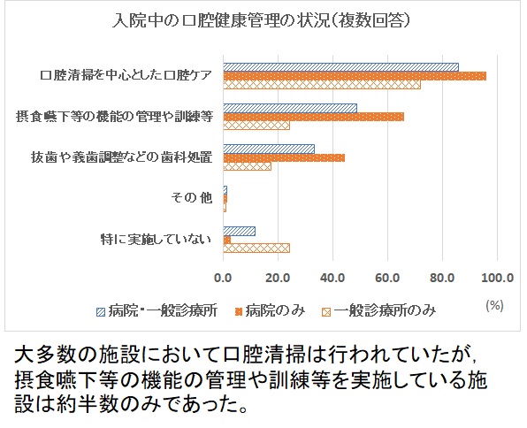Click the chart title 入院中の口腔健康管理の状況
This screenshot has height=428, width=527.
click(262, 19)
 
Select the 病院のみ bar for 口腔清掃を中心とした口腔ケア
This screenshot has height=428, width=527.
click(355, 75)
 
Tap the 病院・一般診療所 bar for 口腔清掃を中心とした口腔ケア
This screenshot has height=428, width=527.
click(340, 66)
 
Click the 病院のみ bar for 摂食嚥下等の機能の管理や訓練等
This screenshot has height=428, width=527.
click(313, 116)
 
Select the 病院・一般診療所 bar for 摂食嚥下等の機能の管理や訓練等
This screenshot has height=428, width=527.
click(290, 107)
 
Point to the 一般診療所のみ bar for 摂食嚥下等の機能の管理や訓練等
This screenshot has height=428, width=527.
click(256, 126)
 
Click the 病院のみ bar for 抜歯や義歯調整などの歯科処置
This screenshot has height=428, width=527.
click(284, 157)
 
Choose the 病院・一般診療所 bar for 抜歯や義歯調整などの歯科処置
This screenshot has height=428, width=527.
click(269, 148)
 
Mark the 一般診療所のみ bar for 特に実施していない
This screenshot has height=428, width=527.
click(256, 248)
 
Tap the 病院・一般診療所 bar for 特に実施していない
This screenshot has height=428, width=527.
click(239, 231)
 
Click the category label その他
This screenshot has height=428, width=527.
click(192, 197)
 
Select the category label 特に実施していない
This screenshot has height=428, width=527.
click(158, 239)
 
